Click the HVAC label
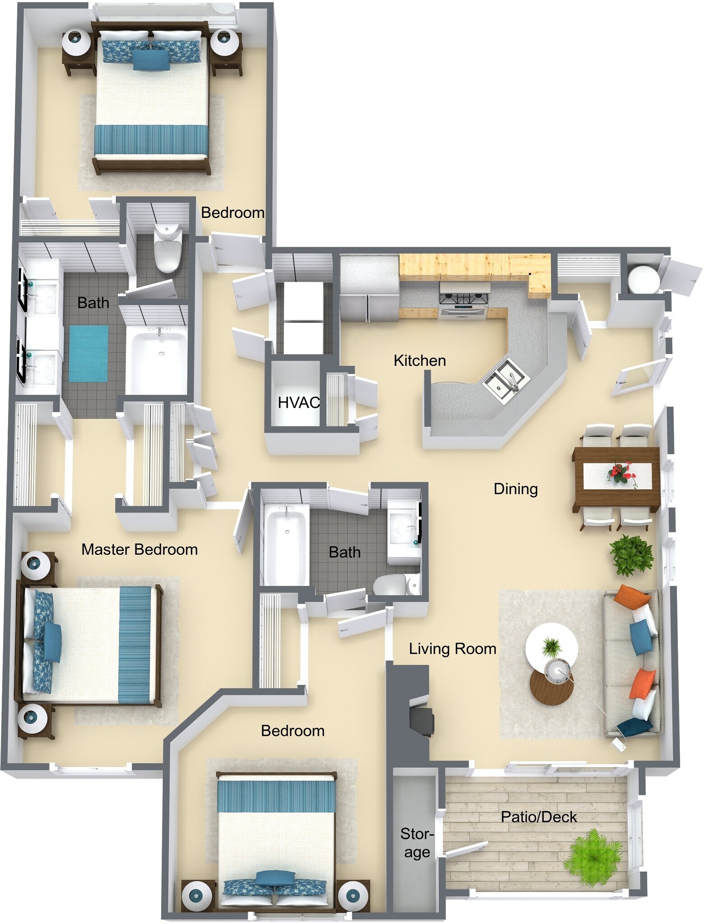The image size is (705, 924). pos(298,402)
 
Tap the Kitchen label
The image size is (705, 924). pos(419,360)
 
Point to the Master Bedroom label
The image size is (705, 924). pos(139,549)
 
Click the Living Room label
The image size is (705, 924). pos(452,649)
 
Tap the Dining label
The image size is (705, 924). pos(515,489)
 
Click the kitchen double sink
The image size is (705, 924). pos(506,379)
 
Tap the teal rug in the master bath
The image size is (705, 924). pos(88,353)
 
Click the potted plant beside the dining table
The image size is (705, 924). pos(631,554)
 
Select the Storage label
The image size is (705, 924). pos(417,843)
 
